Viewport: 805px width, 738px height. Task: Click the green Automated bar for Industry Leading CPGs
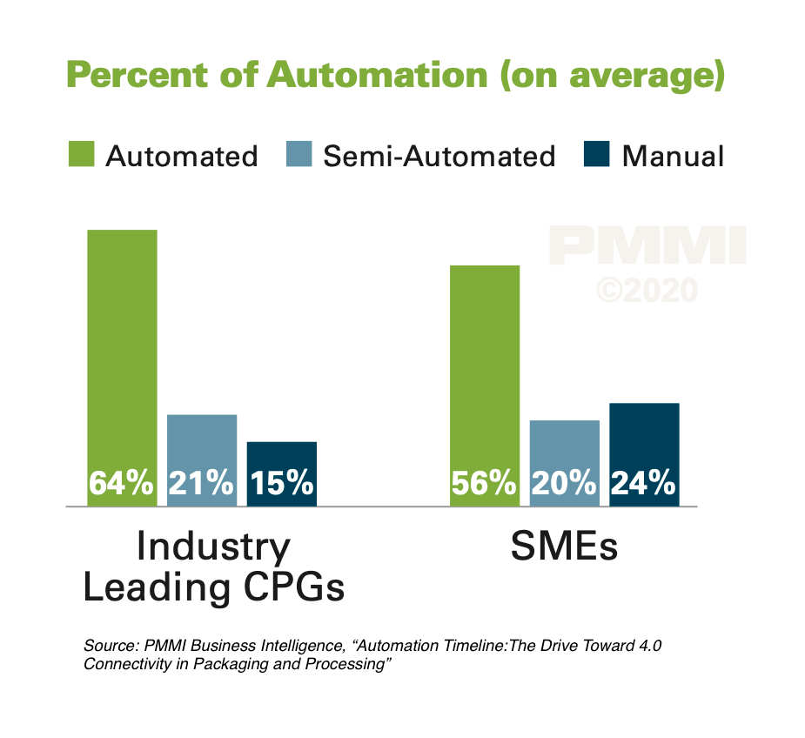pyautogui.click(x=122, y=348)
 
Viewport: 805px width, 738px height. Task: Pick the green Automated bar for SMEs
pyautogui.click(x=485, y=366)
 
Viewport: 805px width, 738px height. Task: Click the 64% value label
pyautogui.click(x=122, y=483)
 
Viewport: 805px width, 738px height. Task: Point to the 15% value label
pyautogui.click(x=282, y=483)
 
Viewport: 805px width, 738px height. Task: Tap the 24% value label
pyautogui.click(x=644, y=483)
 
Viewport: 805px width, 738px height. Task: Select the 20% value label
pyautogui.click(x=565, y=483)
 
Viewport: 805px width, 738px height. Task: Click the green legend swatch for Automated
pyautogui.click(x=81, y=156)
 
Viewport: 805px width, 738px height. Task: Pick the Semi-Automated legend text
pyautogui.click(x=439, y=157)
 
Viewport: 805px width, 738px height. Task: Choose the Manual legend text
pyautogui.click(x=673, y=157)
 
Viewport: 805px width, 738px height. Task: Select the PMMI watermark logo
pyautogui.click(x=647, y=246)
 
